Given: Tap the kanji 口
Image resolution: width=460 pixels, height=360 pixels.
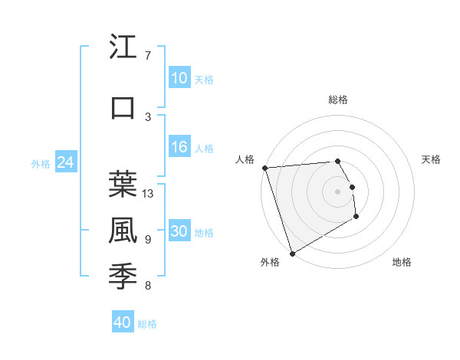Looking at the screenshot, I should (123, 108).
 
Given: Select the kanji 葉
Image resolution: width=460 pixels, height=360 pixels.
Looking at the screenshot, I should (123, 185).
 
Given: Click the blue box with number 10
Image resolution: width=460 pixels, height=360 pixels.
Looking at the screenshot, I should (179, 78).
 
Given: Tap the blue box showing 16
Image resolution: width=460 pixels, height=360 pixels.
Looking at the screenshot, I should (179, 148).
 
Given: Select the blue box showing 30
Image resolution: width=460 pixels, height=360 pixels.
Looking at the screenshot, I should (179, 232).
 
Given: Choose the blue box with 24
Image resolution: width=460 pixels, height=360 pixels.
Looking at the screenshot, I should (65, 162).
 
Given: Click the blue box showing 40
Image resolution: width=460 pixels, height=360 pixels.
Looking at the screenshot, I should (123, 322).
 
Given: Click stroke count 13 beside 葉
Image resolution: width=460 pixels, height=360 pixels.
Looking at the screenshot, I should (148, 194).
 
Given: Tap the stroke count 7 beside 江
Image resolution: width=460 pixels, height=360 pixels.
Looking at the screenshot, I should (147, 56).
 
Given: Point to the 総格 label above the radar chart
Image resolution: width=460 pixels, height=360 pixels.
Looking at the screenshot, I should (337, 100).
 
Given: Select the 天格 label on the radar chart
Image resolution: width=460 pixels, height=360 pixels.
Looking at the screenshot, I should (431, 159).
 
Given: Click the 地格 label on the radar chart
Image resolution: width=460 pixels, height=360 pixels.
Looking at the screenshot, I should (402, 263).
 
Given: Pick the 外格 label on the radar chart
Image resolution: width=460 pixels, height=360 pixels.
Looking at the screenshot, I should (269, 263).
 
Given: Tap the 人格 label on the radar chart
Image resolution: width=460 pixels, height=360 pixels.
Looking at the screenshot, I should (245, 159).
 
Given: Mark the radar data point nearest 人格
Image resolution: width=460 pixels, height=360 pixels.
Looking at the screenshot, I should (264, 168).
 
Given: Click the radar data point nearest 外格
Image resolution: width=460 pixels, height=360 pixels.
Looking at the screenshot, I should (292, 253).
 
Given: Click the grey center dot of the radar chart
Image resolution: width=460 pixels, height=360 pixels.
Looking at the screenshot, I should (337, 191).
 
